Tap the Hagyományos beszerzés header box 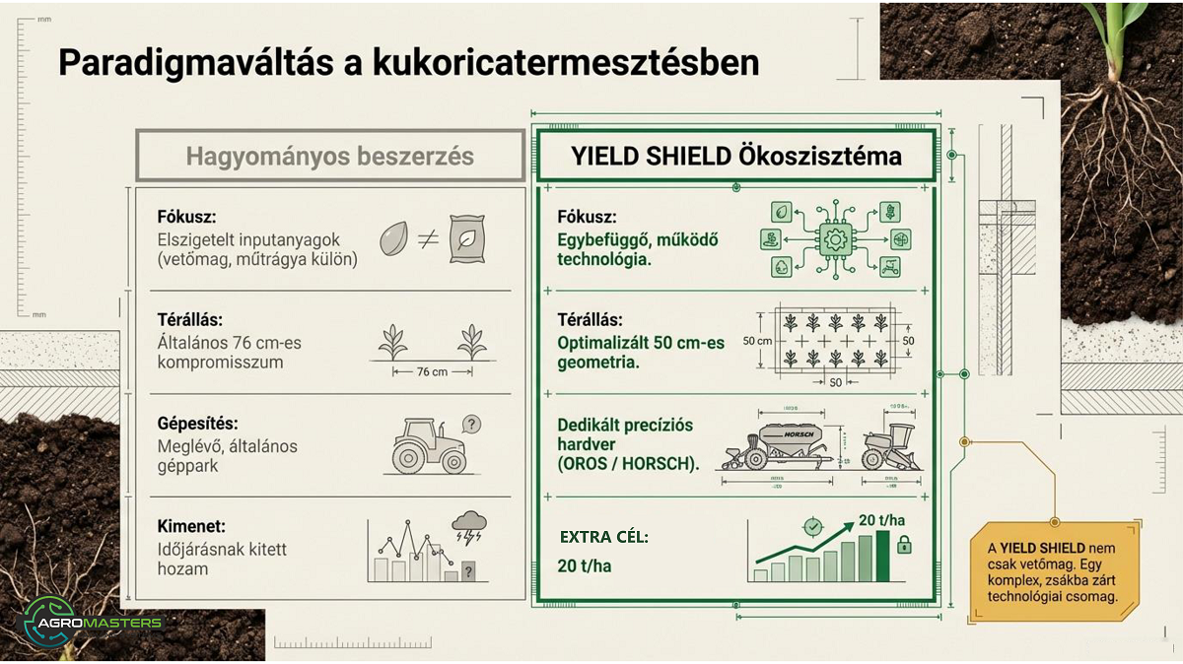(329, 156)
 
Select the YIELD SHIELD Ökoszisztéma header (735, 156)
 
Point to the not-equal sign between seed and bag (428, 238)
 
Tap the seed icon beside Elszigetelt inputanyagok (395, 238)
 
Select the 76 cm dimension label (432, 371)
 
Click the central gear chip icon (836, 239)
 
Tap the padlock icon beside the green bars (904, 545)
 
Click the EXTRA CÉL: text (604, 537)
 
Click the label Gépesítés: (198, 424)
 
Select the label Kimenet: (192, 527)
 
